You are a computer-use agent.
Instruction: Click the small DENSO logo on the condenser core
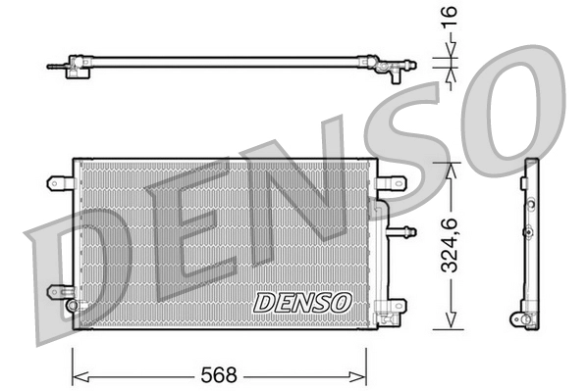tap(301, 303)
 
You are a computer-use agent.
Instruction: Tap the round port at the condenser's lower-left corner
tap(72, 305)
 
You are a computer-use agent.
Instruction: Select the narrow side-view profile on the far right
tap(530, 245)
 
